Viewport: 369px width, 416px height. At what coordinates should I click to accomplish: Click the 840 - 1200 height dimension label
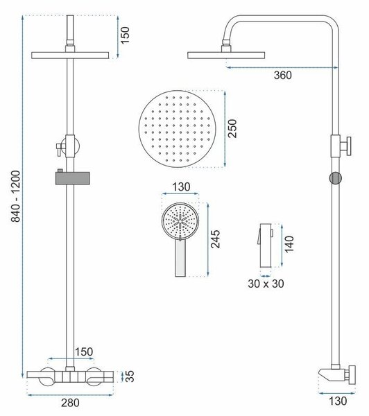16,196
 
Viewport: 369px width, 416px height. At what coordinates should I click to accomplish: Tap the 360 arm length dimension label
283,76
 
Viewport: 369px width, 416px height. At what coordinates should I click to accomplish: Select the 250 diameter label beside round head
232,129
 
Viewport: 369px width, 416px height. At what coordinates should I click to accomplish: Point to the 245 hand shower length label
215,239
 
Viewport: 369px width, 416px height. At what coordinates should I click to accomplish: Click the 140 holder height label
289,244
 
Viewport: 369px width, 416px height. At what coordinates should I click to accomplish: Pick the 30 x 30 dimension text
266,284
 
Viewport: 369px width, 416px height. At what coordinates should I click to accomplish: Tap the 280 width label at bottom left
70,403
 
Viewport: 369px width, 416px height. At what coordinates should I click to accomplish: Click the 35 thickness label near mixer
130,376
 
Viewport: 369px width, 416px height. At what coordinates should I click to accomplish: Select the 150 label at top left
125,35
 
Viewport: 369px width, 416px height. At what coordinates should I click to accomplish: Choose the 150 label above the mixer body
84,352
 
